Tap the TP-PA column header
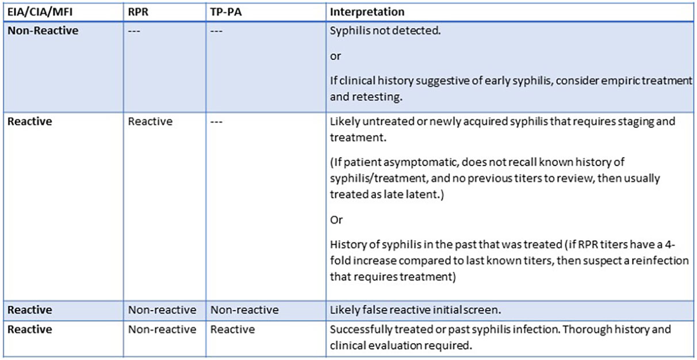click(226, 12)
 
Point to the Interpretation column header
click(367, 12)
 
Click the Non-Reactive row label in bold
click(43, 30)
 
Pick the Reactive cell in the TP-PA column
click(232, 330)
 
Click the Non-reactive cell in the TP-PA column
click(244, 310)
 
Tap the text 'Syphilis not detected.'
click(385, 30)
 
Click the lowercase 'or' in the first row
click(335, 56)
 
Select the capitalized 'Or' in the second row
click(336, 220)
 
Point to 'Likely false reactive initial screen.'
click(415, 310)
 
